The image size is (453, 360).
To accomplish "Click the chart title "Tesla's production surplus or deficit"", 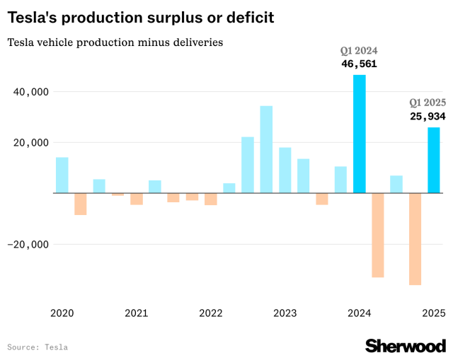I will (140, 17).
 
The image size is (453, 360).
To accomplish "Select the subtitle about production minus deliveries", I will (115, 42).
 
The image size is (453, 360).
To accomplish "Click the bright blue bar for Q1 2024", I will (360, 134).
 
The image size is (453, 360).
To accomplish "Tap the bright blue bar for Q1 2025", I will (433, 160).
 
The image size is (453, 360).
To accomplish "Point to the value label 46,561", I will (359, 64).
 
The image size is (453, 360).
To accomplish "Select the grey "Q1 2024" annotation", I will (359, 51).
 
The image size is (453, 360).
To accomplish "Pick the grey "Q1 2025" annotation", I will (428, 103).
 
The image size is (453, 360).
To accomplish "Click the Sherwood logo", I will (405, 345).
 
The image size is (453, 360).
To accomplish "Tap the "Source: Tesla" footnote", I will (38, 347).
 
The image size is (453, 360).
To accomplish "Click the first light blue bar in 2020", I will (62, 175).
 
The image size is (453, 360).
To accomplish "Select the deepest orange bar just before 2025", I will (415, 239).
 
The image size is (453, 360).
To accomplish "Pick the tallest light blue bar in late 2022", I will (266, 149).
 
